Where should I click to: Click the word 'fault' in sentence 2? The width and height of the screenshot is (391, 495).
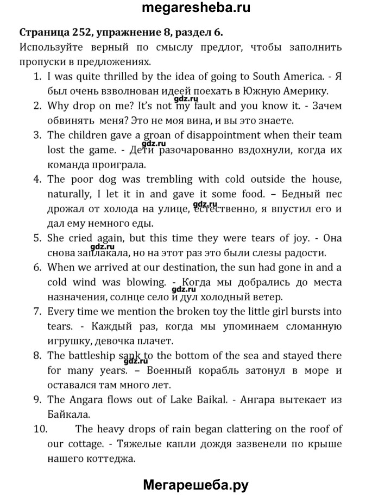[x=204, y=106]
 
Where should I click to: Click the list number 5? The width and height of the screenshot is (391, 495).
[x=37, y=238]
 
